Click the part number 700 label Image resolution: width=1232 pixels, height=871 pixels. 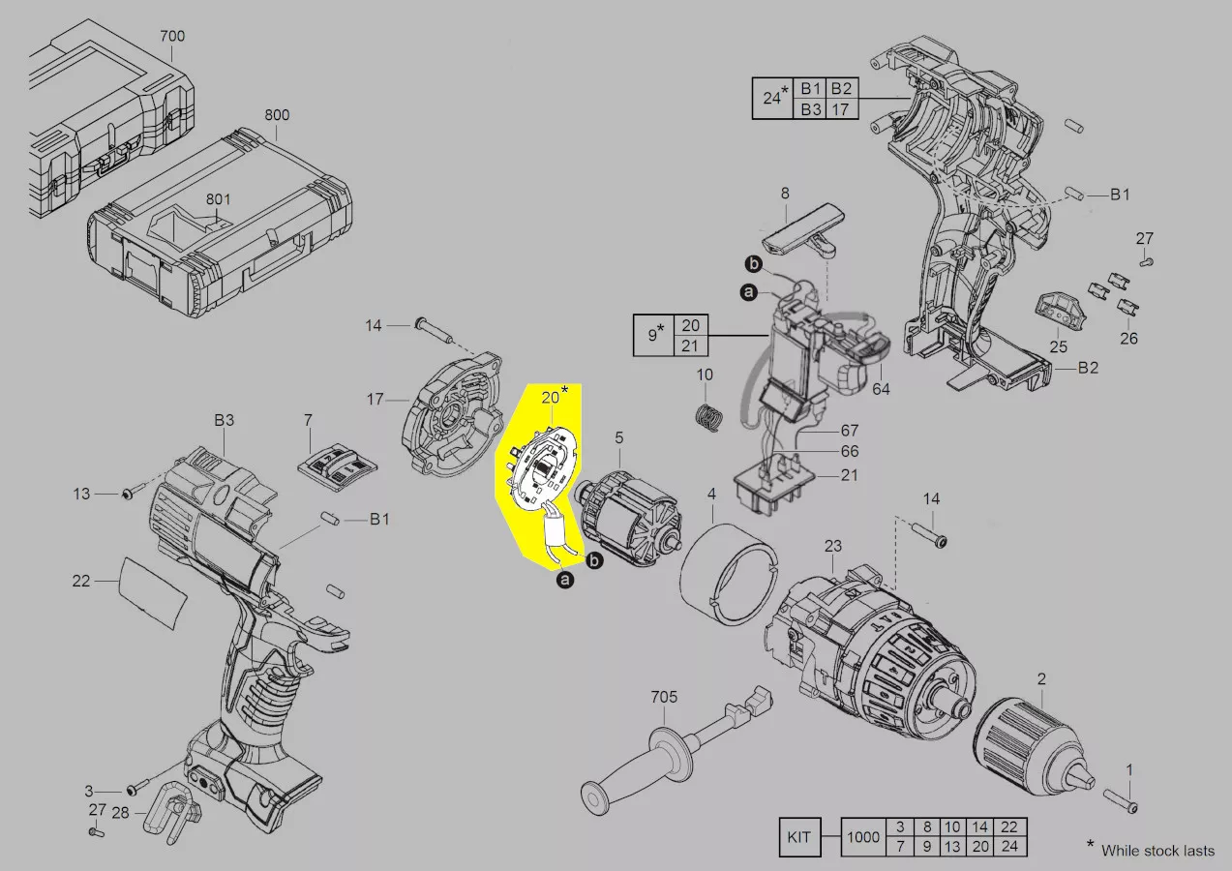pyautogui.click(x=172, y=37)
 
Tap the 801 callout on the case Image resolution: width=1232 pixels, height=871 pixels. pyautogui.click(x=219, y=199)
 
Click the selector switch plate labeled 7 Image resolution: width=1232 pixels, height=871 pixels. pyautogui.click(x=337, y=466)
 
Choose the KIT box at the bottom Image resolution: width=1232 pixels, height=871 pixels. pyautogui.click(x=799, y=837)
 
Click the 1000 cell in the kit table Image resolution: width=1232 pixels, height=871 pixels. pyautogui.click(x=863, y=837)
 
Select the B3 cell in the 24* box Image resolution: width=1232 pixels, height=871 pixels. pyautogui.click(x=811, y=109)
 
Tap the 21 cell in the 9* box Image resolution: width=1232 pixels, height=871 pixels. pyautogui.click(x=690, y=345)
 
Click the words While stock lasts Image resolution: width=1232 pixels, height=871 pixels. pyautogui.click(x=1157, y=851)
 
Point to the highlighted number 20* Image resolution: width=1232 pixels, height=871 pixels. pyautogui.click(x=554, y=396)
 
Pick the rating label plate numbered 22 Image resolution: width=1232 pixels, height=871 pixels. pyautogui.click(x=152, y=591)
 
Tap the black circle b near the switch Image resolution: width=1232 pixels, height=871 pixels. pyautogui.click(x=754, y=264)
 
